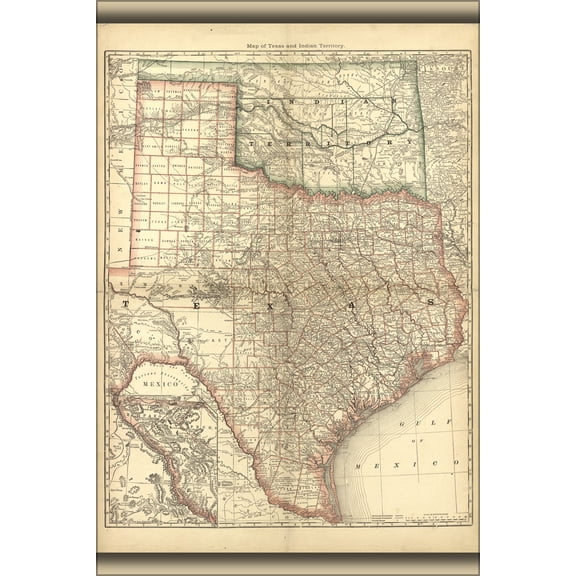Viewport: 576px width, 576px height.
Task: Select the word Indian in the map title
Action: [305, 46]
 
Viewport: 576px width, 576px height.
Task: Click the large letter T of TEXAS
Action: [126, 301]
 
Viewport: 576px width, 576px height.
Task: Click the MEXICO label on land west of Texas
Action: [159, 382]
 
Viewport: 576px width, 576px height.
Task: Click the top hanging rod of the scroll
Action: [288, 12]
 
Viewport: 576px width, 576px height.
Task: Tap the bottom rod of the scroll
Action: [288, 564]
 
